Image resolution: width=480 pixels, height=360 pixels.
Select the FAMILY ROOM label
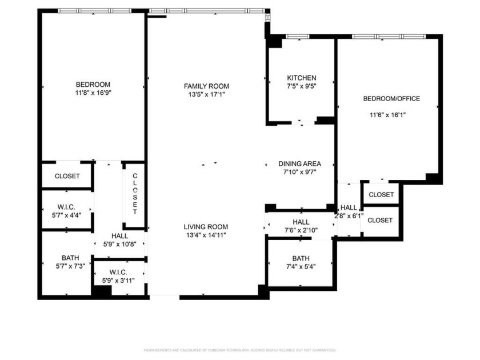coord(206,86)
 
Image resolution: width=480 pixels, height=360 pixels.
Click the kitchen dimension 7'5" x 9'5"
coord(301,87)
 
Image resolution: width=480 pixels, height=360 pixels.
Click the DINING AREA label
coord(300,164)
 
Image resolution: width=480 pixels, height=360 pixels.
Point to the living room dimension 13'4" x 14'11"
coord(206,235)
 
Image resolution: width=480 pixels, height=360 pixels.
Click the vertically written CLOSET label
coord(135,193)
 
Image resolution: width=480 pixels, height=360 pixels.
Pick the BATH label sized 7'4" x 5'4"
coord(301,258)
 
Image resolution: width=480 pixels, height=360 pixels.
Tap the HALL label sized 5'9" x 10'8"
coord(119,235)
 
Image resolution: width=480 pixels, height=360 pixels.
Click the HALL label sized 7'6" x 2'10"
coord(301,222)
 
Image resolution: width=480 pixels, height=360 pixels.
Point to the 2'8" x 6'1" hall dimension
coord(348,216)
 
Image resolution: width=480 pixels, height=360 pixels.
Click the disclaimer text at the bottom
coord(239,350)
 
